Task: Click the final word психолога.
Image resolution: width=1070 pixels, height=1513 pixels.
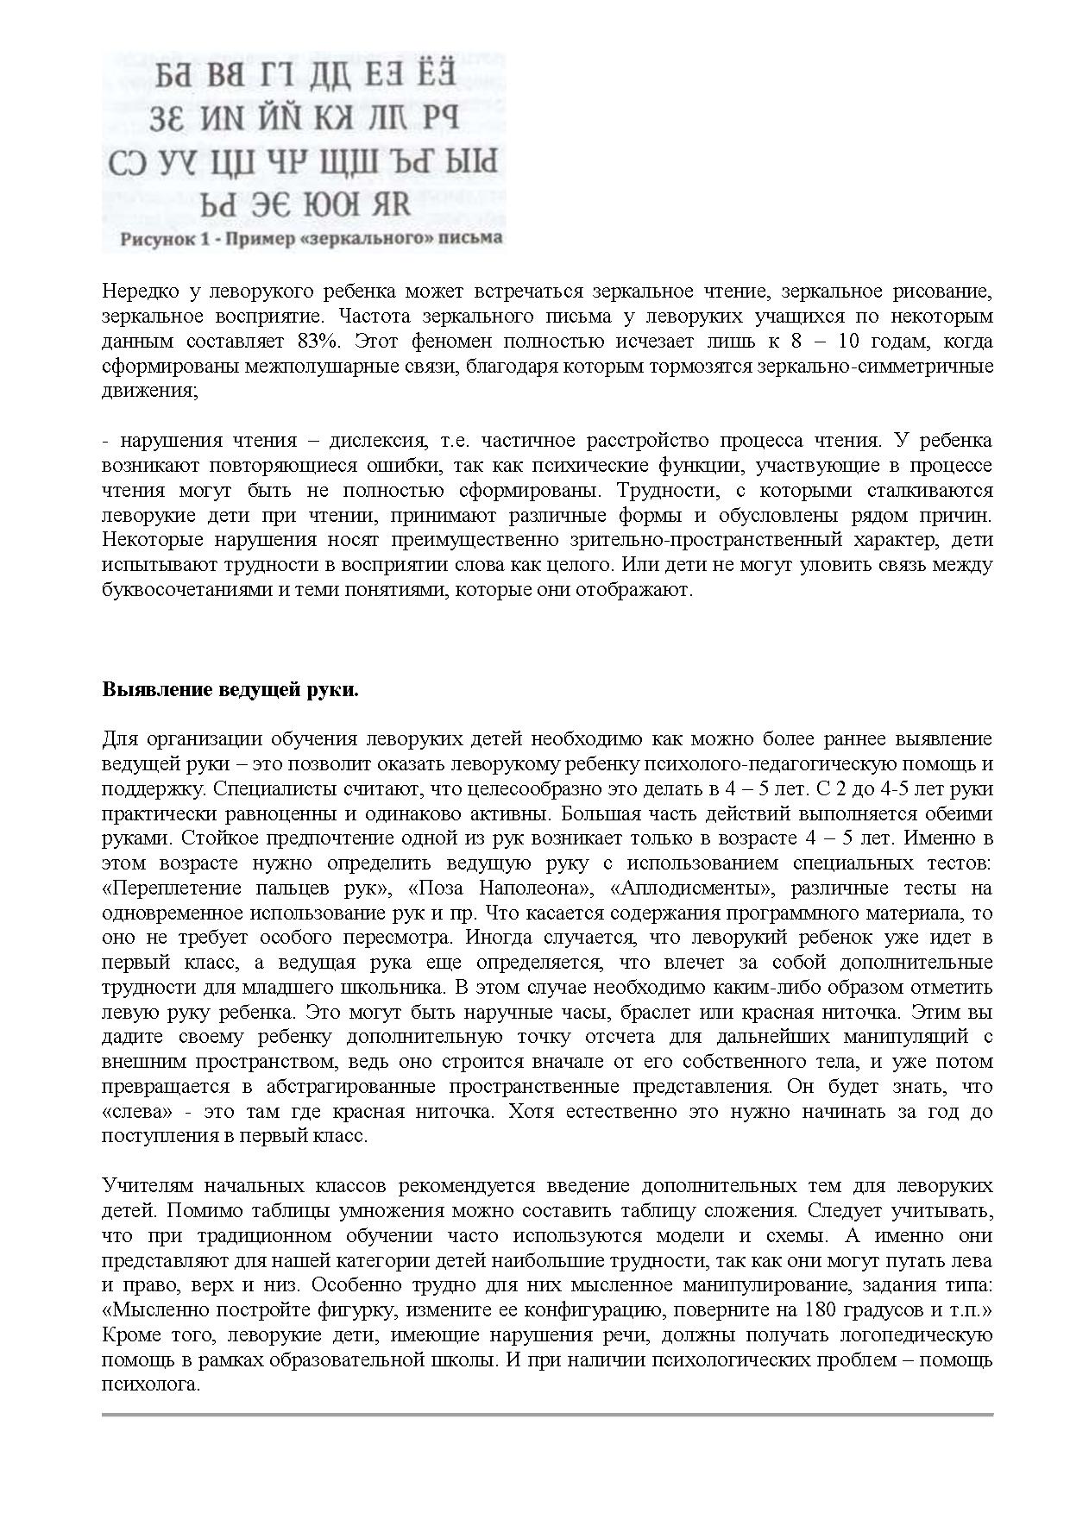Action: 151,1385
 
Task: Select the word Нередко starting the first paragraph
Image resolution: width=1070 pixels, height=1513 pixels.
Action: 136,292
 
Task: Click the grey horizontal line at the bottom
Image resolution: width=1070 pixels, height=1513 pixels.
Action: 547,1415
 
